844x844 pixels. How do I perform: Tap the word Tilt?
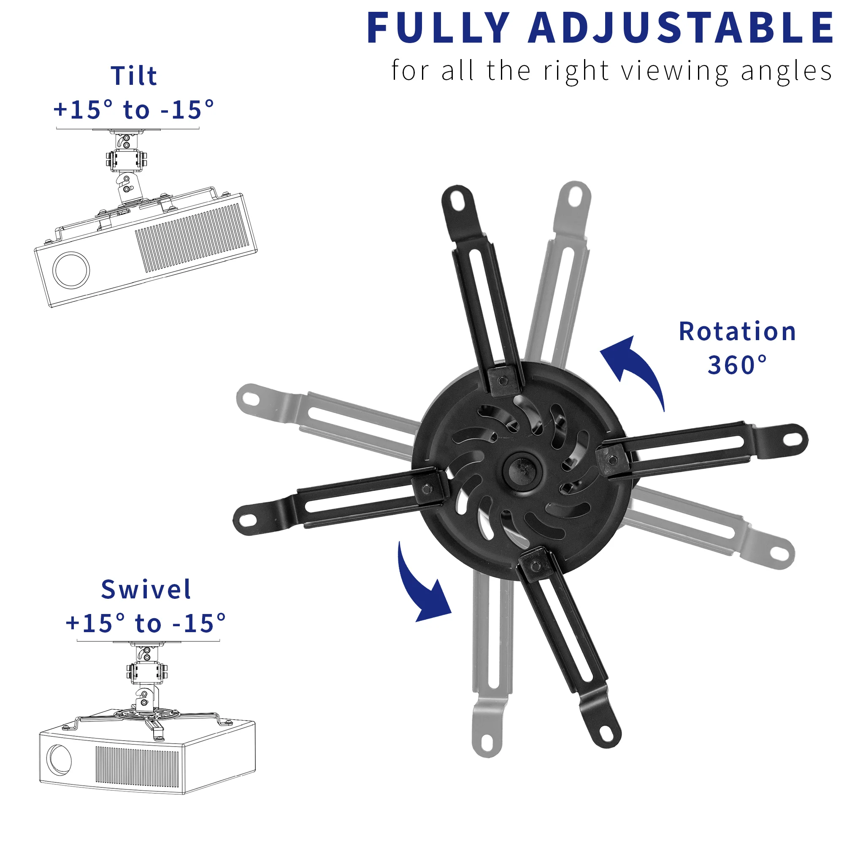coord(134,76)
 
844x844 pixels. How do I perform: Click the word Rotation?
coord(737,332)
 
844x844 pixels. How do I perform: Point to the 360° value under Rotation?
coord(737,365)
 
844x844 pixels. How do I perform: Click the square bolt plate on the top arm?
coord(503,381)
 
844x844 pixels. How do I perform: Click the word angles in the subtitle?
coord(786,71)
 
